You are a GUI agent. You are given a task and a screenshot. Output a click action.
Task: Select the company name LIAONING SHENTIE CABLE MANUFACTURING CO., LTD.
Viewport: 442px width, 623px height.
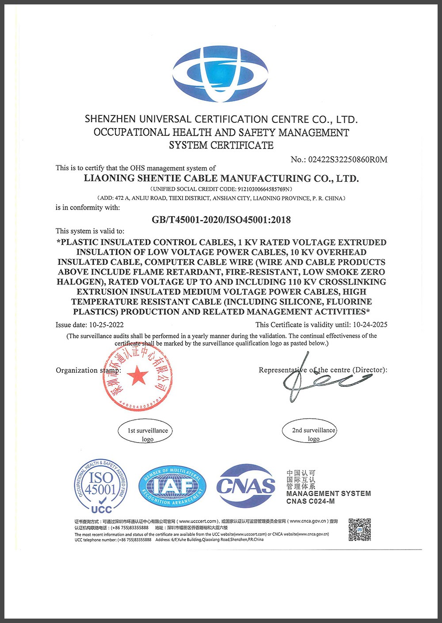tap(221, 179)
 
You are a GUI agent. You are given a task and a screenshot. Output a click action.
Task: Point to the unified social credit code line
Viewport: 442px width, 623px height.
tap(221, 189)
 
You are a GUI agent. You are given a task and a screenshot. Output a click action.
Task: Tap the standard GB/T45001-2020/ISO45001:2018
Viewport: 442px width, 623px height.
tap(221, 220)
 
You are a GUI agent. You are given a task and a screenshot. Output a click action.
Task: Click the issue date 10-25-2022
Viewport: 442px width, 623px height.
tap(106, 325)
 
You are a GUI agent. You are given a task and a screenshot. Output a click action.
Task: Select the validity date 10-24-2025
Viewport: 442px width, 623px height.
tap(370, 325)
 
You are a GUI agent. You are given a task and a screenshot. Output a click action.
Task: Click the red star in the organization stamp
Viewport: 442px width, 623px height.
tap(137, 376)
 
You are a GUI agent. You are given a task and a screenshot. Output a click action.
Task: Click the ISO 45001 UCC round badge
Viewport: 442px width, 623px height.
tap(101, 486)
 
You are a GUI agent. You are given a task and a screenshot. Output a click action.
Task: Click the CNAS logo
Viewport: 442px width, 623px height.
tap(246, 486)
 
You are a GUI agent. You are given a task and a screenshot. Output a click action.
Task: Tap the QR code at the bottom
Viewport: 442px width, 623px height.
tap(359, 530)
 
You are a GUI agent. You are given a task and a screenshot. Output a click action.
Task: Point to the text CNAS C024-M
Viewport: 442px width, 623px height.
tap(310, 501)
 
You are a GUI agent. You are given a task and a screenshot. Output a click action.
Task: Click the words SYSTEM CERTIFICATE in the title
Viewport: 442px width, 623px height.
tap(221, 145)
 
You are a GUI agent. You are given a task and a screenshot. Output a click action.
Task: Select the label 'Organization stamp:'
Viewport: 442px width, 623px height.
tap(88, 371)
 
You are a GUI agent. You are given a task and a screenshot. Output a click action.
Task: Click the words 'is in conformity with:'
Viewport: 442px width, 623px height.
tap(88, 207)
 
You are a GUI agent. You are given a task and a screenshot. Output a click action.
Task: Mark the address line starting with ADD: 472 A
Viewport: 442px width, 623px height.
tap(221, 199)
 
